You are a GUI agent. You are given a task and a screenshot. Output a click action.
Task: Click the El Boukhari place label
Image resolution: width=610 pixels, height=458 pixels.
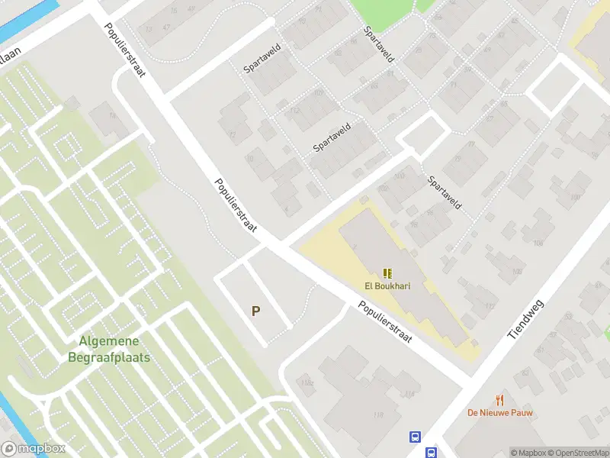coord(387,287)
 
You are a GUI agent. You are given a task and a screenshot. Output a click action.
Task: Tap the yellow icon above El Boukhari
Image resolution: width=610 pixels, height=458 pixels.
coord(387,273)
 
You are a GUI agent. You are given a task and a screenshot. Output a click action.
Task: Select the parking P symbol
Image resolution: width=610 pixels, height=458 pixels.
coord(256,311)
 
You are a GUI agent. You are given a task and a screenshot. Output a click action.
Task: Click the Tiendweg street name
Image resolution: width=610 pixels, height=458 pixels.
coord(525,319)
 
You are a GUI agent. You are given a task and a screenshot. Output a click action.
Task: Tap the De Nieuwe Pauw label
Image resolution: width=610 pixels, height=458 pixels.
coord(500,413)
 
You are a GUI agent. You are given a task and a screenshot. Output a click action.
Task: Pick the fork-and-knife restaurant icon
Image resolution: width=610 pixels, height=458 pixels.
coord(500,399)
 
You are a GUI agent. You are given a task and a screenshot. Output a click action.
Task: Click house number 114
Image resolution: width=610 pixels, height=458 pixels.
coord(409,394)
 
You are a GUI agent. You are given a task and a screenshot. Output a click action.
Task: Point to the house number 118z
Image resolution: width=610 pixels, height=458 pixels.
coord(307,383)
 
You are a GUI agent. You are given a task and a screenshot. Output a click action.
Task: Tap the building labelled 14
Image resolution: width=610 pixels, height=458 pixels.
coord(114,115)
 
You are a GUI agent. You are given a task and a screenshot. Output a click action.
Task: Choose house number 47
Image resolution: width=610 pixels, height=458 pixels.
coord(167,28)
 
